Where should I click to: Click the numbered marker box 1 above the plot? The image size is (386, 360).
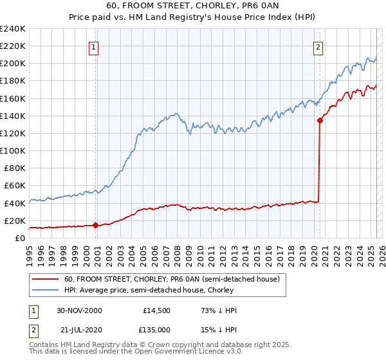tap(94, 46)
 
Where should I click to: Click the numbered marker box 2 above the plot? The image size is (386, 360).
tap(318, 46)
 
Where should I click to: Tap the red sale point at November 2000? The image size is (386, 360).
tap(96, 225)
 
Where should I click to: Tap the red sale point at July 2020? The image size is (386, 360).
tap(320, 120)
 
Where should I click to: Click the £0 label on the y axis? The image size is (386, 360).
tap(19, 238)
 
